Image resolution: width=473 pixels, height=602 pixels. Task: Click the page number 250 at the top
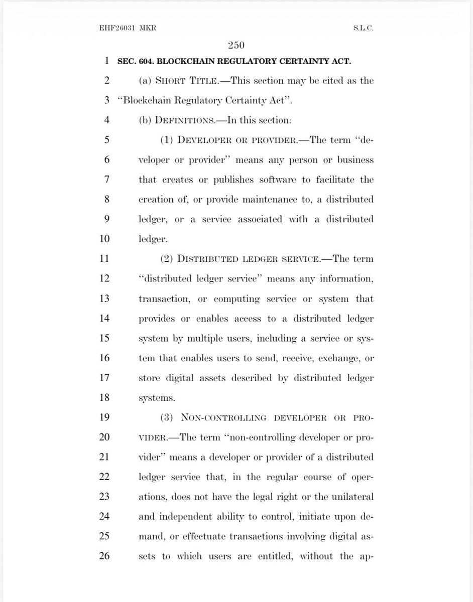point(236,46)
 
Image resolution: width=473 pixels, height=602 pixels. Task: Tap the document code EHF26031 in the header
point(116,28)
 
